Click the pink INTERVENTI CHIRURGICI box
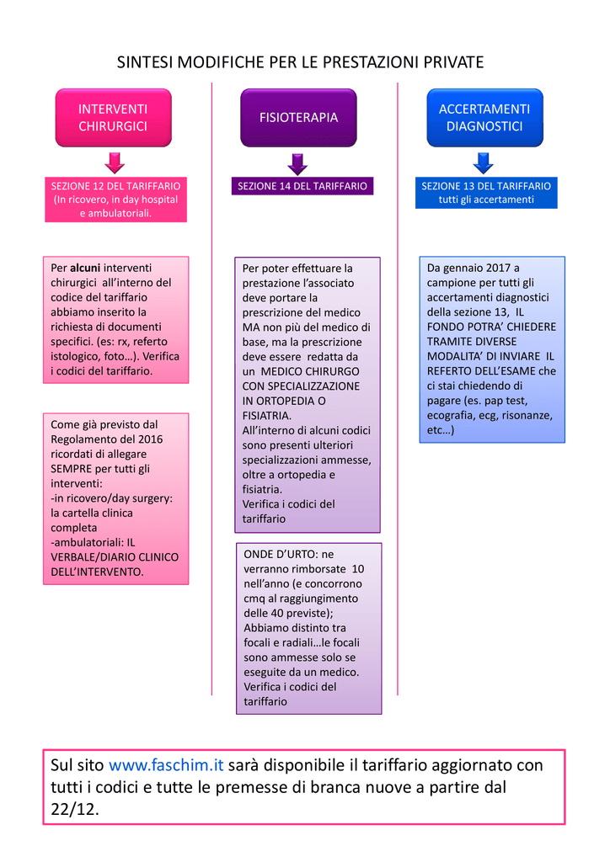113,118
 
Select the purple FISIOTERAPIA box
298,118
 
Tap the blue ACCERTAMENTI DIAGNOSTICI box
484,118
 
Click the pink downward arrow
115,162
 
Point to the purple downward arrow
297,164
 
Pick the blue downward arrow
484,162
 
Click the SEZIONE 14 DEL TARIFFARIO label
302,186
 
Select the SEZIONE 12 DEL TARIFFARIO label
115,186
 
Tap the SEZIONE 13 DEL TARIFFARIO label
486,186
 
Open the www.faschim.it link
166,765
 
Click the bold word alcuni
85,268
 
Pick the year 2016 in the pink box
150,439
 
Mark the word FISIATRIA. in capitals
267,416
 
